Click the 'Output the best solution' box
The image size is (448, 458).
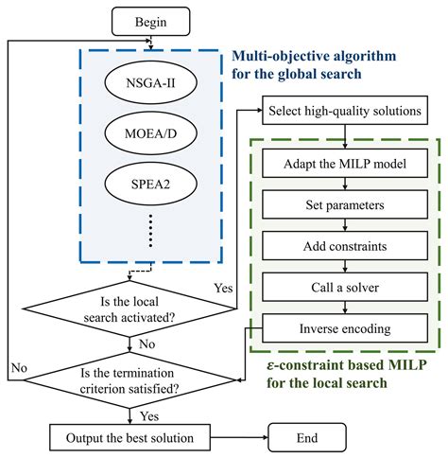(x=131, y=439)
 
